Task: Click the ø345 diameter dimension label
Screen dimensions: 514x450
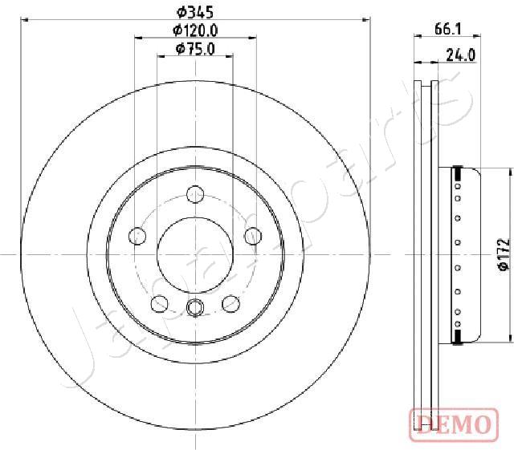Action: coord(195,13)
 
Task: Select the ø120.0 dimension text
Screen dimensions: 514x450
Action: coord(195,30)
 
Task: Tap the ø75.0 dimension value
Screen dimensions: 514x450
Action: coord(195,49)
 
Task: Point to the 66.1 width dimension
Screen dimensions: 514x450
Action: coord(448,29)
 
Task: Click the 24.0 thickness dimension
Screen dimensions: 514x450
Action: coord(460,55)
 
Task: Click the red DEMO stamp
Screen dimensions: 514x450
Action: coord(454,424)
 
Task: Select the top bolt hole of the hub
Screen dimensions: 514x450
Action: coord(195,194)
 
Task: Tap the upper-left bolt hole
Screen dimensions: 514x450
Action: coord(137,236)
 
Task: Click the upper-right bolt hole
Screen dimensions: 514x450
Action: coord(254,236)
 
